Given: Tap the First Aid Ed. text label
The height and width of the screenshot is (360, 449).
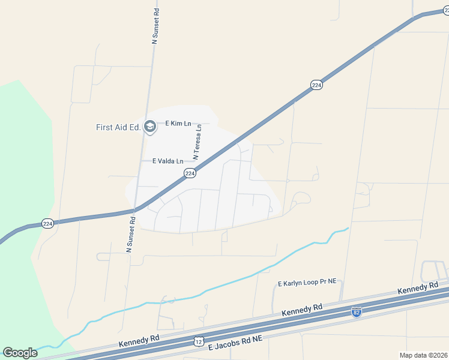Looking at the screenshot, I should point(118,127).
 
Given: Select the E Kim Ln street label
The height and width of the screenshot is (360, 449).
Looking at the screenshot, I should point(178,124).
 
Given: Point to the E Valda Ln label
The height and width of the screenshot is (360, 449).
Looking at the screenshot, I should point(167,161).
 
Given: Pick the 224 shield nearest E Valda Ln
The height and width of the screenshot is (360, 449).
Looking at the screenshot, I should point(190,173).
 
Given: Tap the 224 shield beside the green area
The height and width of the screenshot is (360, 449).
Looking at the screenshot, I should point(48,224).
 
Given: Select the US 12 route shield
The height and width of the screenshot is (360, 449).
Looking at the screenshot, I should point(199,341).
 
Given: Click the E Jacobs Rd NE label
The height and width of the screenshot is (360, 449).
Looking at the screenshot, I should point(235,343).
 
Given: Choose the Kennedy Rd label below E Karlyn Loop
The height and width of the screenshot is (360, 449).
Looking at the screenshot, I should point(302,311).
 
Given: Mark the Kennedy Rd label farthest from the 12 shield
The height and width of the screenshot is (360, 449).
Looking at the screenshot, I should point(418,288).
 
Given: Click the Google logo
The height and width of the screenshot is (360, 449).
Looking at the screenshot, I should point(20,353).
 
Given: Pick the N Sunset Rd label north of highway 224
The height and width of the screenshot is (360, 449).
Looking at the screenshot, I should point(156,26).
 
